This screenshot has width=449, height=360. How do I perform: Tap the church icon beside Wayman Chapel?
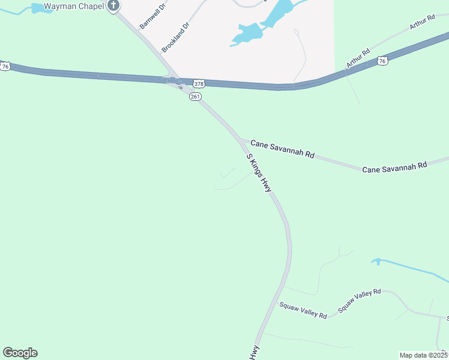click(113, 6)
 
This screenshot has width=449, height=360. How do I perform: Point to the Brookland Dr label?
click(175, 36)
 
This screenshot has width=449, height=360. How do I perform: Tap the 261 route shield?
click(194, 96)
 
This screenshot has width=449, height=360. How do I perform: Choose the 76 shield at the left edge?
click(5, 67)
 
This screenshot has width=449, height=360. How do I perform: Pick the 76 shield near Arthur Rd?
click(382, 61)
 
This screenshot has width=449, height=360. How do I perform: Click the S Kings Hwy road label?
click(259, 173)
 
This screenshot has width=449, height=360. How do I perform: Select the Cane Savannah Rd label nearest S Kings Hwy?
click(282, 149)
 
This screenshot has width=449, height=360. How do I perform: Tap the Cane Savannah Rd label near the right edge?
click(394, 166)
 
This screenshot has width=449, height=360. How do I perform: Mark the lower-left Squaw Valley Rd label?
click(303, 310)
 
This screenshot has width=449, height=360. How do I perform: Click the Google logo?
click(20, 353)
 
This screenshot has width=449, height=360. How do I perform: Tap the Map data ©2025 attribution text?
click(423, 355)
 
